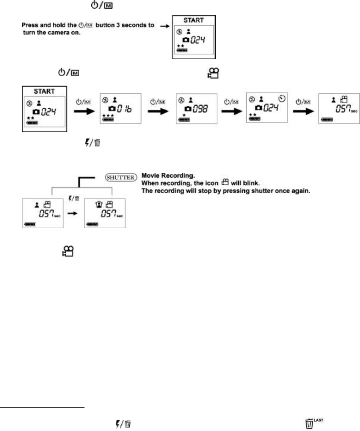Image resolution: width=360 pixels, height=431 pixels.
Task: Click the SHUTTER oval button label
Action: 121,177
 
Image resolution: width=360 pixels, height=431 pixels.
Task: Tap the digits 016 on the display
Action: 124,109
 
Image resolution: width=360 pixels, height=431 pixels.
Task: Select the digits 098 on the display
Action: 200,109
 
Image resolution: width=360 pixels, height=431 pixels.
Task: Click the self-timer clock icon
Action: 282,98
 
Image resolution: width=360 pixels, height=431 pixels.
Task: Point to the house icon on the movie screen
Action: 99,204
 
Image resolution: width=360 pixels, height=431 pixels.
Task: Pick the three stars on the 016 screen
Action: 108,115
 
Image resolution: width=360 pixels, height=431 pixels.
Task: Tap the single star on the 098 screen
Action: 184,115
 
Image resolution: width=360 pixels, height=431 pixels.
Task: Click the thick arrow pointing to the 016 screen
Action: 84,111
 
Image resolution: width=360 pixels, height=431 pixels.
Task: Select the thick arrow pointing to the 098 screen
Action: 158,111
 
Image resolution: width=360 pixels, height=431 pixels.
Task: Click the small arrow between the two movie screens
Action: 72,213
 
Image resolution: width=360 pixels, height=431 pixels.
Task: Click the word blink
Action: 251,183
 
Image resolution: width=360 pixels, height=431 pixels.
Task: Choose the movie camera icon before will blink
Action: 225,182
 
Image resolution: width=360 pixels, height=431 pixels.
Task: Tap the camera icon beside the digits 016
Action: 112,108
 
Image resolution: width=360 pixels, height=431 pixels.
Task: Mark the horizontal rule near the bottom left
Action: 42,408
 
